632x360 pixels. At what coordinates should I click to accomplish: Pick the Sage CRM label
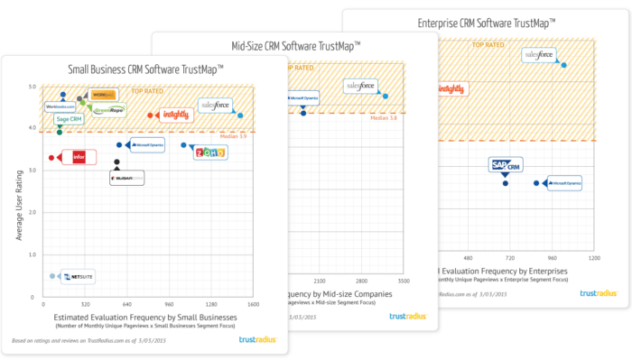tap(70, 119)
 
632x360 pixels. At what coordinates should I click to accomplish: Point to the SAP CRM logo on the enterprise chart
tap(506, 165)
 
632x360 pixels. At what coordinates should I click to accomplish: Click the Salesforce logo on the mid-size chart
tap(361, 86)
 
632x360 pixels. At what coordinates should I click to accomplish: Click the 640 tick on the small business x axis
tap(127, 305)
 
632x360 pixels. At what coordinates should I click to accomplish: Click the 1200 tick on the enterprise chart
tap(593, 258)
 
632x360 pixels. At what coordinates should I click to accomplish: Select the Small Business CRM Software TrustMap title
tap(146, 69)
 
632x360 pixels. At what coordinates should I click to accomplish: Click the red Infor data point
tap(51, 157)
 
